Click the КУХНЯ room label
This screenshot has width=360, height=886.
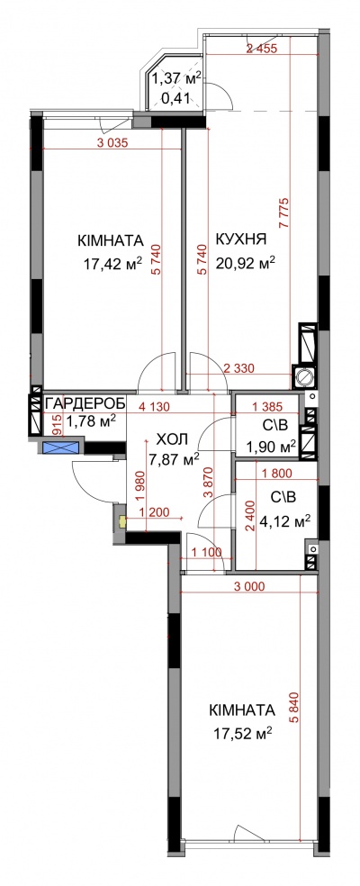point(241,240)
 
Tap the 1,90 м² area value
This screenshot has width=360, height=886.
point(271,448)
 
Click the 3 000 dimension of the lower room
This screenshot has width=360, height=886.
point(248,586)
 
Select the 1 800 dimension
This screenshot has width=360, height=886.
point(280,475)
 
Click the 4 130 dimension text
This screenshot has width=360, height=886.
point(154,405)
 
